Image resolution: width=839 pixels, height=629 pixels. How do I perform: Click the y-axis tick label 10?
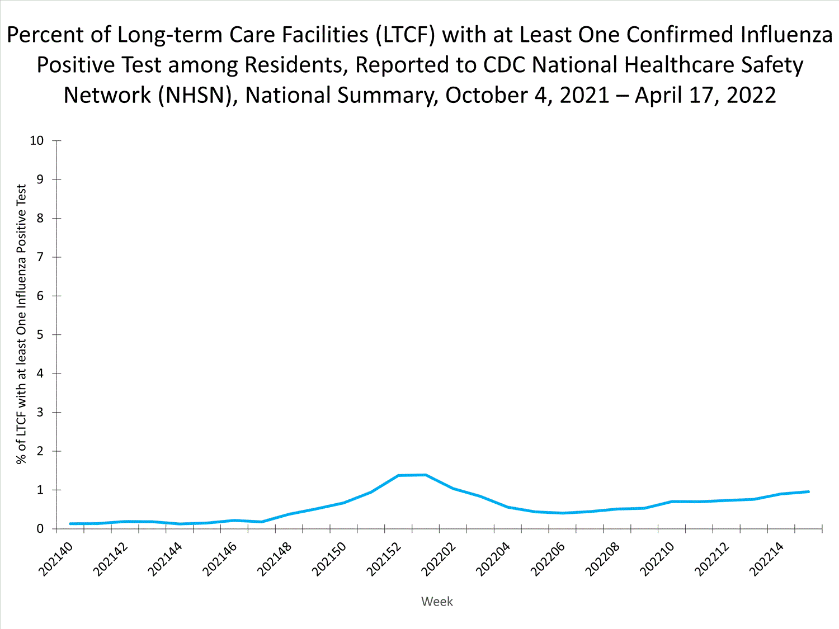coord(36,140)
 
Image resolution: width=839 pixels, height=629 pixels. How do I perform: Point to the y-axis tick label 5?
coord(40,335)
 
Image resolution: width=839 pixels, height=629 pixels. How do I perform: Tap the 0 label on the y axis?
coord(40,528)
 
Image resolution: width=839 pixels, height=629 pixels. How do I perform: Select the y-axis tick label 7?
coord(40,257)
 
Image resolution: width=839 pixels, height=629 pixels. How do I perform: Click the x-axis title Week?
coord(437,602)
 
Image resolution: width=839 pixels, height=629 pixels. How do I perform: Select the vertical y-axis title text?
coord(21,324)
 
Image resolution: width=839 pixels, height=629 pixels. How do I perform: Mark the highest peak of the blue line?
coord(426,475)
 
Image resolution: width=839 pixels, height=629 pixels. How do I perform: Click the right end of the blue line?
coord(809,491)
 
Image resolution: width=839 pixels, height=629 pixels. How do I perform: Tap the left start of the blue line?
coord(70,524)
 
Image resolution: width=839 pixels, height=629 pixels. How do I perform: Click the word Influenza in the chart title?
coord(786,35)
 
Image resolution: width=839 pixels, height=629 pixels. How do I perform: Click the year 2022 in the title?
coord(751,96)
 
